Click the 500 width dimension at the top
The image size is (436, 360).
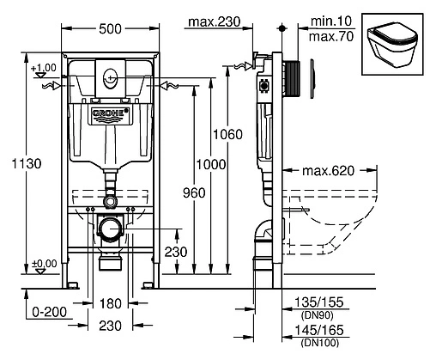[x=110, y=28]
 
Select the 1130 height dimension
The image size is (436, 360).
[x=27, y=163]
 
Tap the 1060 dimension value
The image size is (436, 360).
[x=227, y=134]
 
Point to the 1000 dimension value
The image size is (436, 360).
[x=211, y=164]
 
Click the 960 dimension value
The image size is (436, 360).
[x=194, y=192]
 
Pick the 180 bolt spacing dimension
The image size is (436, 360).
[x=111, y=303]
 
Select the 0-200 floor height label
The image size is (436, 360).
[x=49, y=312]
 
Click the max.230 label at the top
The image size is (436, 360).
[x=215, y=21]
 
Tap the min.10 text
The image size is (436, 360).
[x=331, y=21]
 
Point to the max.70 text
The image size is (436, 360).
[x=331, y=36]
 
